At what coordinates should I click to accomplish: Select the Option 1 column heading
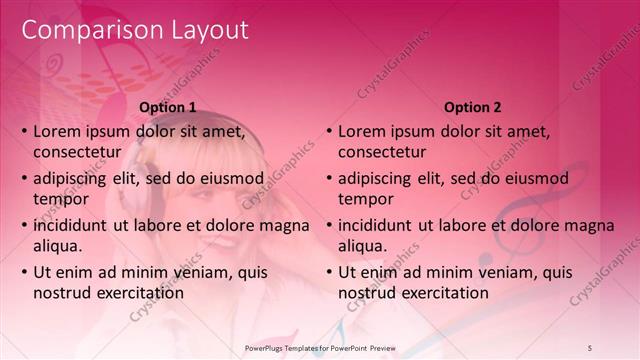[x=168, y=107]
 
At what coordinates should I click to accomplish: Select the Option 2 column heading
[x=473, y=107]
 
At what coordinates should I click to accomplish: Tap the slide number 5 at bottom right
[x=590, y=347]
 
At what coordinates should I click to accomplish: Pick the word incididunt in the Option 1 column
[x=71, y=225]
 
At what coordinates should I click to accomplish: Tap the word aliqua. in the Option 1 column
[x=57, y=245]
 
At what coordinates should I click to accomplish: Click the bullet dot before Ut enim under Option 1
[x=24, y=273]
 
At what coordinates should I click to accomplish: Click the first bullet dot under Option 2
[x=329, y=131]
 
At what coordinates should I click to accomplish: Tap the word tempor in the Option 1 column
[x=61, y=199]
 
